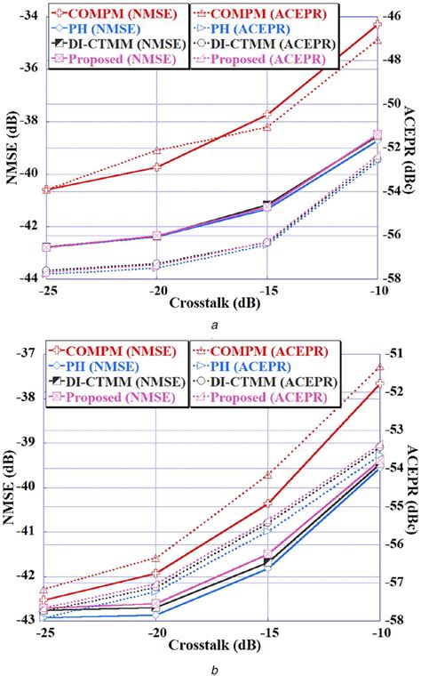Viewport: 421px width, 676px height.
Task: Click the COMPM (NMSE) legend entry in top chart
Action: click(98, 13)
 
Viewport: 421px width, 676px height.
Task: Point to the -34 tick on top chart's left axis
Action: click(25, 16)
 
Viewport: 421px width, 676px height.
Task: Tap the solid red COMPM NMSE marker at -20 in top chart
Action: click(156, 166)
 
